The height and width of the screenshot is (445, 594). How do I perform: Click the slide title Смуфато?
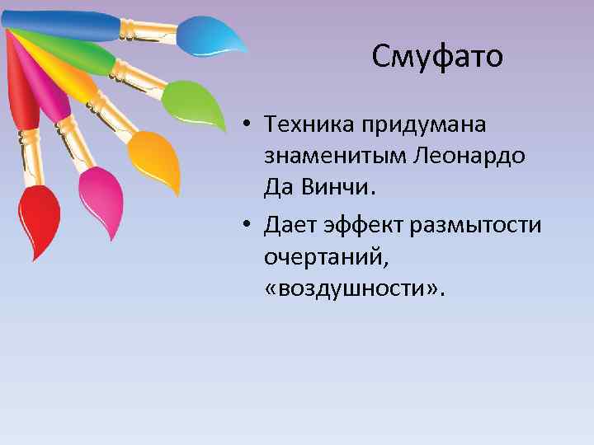point(436,57)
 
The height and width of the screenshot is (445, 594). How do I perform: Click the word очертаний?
point(324,257)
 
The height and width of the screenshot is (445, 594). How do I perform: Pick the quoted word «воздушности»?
point(354,288)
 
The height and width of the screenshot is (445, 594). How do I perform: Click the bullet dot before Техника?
point(247,125)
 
